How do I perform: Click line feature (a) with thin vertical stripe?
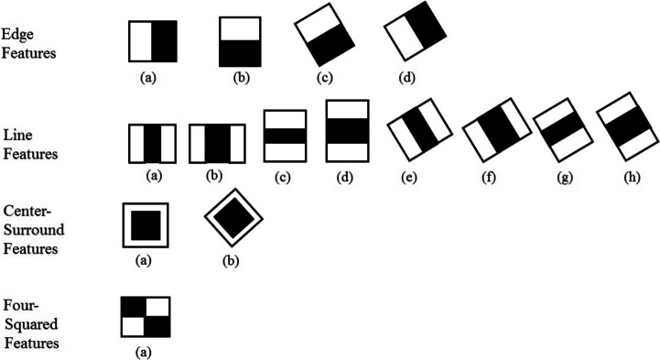click(x=152, y=144)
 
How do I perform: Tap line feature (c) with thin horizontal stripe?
click(x=283, y=136)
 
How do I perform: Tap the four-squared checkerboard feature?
click(x=146, y=316)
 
